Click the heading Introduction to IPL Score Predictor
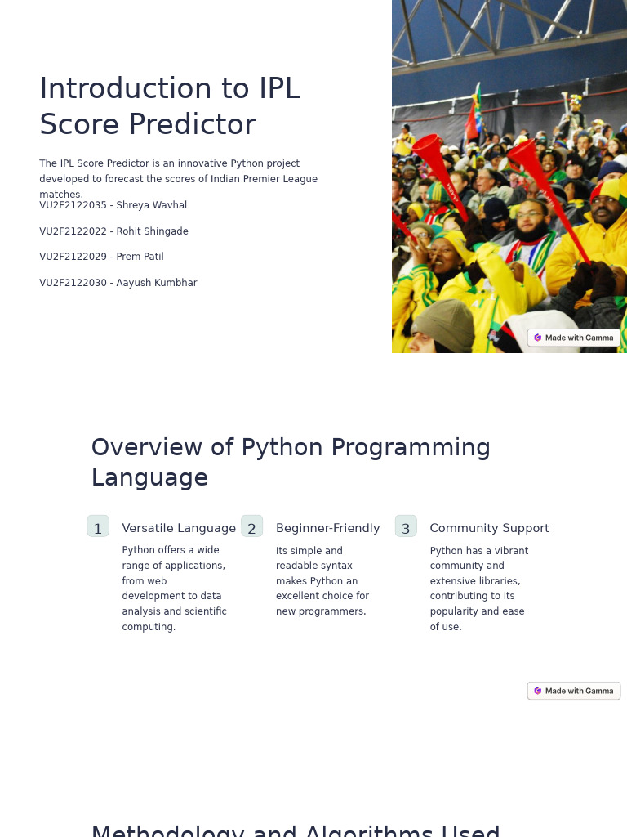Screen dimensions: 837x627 click(170, 106)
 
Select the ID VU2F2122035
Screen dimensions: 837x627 click(73, 205)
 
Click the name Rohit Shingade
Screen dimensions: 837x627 click(152, 231)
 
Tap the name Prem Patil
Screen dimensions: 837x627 click(140, 257)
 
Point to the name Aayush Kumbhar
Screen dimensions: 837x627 click(156, 283)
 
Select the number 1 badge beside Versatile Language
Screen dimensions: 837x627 click(98, 527)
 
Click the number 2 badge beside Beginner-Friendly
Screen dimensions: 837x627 click(251, 527)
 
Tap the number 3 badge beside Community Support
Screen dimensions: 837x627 click(406, 527)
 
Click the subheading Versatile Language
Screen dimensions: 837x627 click(179, 528)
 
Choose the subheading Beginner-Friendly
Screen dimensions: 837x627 click(327, 528)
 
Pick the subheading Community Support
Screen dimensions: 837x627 click(489, 528)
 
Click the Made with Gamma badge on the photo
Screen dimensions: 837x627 click(574, 338)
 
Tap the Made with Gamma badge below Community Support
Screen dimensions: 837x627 click(574, 691)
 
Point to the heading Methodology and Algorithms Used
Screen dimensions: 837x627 click(295, 830)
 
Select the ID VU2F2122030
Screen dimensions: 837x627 click(73, 283)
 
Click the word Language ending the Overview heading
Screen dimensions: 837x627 click(149, 477)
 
